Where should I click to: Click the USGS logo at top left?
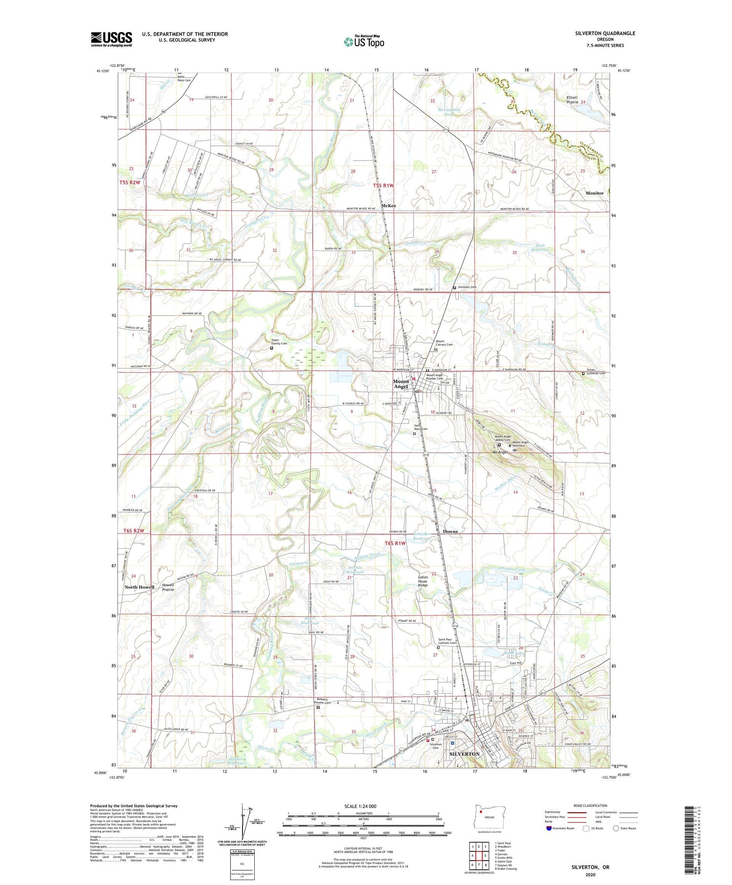tap(111, 39)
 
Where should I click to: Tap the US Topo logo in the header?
tap(364, 42)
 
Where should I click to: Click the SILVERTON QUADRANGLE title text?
tap(605, 33)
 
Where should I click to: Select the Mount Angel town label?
tap(401, 384)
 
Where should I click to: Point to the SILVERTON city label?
tap(464, 754)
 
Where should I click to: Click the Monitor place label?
tap(594, 193)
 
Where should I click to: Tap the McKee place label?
tap(388, 206)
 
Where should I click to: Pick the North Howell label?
tap(139, 587)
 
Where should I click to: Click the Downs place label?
tap(450, 531)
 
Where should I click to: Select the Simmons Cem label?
tap(467, 287)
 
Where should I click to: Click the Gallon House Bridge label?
tap(423, 581)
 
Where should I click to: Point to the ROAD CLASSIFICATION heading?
tap(590, 805)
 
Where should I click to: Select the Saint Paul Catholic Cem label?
tap(447, 641)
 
